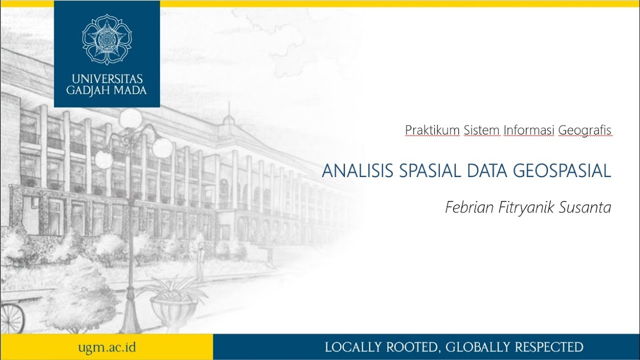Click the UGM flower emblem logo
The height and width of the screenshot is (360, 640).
(x=107, y=39)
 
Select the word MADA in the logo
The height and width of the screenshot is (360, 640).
(x=129, y=90)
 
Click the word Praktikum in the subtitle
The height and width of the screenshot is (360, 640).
(x=432, y=130)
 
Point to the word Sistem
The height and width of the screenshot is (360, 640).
(x=481, y=130)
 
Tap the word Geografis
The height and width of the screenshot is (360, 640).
(x=584, y=130)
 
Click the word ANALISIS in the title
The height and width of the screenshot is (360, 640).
(x=358, y=171)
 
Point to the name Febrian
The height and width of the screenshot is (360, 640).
(x=469, y=207)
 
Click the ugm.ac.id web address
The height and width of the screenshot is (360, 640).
(x=107, y=347)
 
